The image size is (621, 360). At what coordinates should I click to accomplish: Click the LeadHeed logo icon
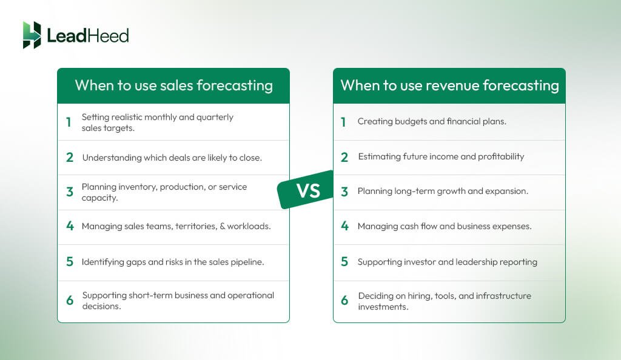32,35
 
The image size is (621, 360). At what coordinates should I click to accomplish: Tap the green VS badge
307,190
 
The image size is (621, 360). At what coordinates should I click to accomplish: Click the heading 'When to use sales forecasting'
173,85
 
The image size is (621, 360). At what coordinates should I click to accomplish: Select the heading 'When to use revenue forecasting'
449,85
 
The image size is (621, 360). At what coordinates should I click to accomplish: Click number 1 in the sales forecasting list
69,122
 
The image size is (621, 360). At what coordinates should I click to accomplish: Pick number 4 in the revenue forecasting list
344,227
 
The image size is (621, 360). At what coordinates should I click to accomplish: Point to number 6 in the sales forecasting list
69,301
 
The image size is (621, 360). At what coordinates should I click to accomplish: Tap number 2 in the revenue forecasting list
344,157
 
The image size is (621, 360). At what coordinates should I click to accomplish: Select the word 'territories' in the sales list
197,227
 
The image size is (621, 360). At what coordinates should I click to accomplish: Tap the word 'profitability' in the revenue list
500,156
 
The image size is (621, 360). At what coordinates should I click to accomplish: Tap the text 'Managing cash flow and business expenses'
445,227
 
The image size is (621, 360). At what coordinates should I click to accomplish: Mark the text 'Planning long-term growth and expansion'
443,192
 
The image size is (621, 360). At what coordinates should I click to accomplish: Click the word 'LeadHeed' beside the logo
88,36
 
